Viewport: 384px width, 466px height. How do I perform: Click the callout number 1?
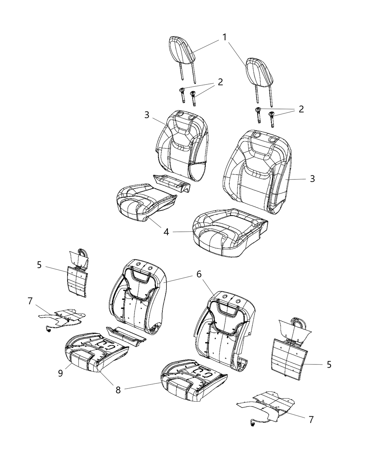(225, 37)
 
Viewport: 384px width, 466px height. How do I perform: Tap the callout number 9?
(61, 373)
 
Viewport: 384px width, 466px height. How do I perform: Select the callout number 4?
(166, 232)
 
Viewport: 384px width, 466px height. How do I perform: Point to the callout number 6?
(209, 274)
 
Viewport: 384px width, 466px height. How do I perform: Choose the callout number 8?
(118, 390)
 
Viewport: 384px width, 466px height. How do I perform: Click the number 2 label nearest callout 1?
(220, 82)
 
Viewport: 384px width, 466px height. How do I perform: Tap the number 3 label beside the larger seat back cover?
(312, 179)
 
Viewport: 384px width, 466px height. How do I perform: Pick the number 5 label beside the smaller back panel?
(39, 265)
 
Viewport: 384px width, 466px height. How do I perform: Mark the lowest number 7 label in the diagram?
(311, 420)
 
